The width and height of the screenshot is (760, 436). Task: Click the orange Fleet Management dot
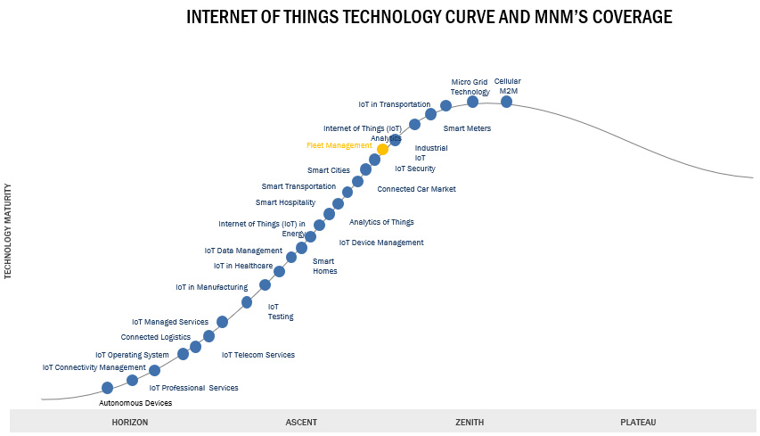click(x=383, y=149)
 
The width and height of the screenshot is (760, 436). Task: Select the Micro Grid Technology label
click(x=470, y=86)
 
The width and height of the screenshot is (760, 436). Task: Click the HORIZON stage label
click(x=130, y=422)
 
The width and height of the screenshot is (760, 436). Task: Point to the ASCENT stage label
click(x=301, y=422)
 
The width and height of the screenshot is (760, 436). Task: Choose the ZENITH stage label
click(x=470, y=422)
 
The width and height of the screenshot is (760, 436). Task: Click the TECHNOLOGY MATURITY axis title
click(x=9, y=232)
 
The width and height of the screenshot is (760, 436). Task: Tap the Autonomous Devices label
click(x=135, y=403)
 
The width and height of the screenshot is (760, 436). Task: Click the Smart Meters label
click(x=467, y=128)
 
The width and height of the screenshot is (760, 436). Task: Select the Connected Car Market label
click(x=416, y=189)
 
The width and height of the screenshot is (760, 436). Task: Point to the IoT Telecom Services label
click(x=258, y=355)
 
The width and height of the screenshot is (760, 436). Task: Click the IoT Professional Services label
click(x=193, y=388)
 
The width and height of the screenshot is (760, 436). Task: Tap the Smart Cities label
click(x=329, y=170)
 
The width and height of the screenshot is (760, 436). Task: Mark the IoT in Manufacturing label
click(x=211, y=287)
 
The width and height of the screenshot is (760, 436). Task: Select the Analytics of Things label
click(x=381, y=222)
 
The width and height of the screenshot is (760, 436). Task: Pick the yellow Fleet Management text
click(x=339, y=145)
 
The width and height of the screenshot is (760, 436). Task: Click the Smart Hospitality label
click(x=285, y=202)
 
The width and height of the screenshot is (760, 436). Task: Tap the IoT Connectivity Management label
click(x=94, y=367)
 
